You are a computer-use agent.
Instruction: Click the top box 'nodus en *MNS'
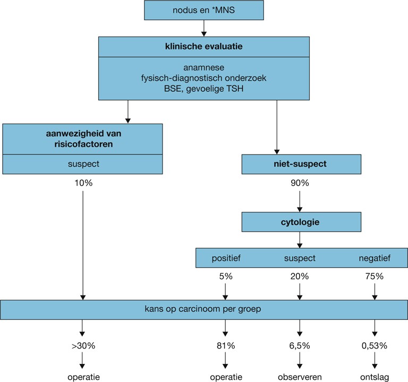click(x=204, y=10)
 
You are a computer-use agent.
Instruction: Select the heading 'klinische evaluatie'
click(x=204, y=46)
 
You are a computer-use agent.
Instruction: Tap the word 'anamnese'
click(x=204, y=67)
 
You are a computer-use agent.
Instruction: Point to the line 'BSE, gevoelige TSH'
click(x=204, y=89)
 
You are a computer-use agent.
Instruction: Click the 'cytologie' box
click(x=300, y=222)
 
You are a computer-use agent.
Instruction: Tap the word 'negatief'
click(x=376, y=258)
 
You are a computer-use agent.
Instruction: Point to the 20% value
click(x=300, y=277)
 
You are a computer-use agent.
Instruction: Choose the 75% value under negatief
click(x=376, y=277)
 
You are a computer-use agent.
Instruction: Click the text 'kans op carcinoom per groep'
click(x=204, y=309)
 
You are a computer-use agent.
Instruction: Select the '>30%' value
click(x=83, y=347)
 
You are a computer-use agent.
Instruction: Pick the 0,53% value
click(x=376, y=347)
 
